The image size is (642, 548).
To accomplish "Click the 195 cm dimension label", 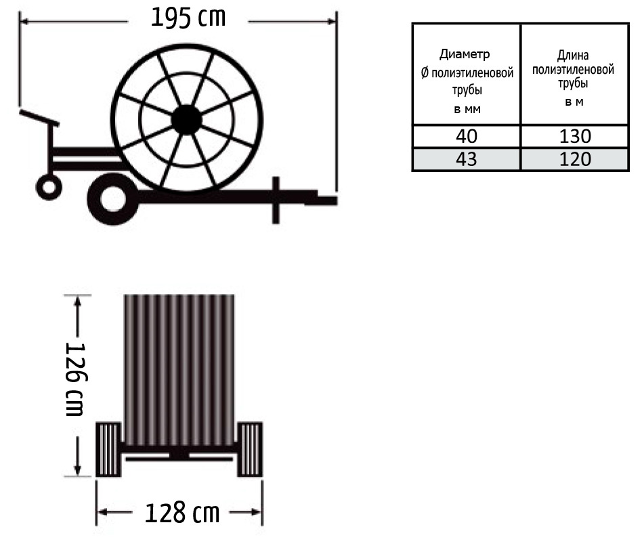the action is coord(188,18).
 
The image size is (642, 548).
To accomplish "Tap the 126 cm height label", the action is coord(75,379).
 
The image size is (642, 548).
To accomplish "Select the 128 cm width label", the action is coord(182,512).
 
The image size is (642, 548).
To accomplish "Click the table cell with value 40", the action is coord(467,136).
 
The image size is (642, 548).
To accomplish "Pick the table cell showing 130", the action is coord(575,136).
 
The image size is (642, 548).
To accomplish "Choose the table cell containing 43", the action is coord(467,159).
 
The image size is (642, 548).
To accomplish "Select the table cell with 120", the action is coord(575,159).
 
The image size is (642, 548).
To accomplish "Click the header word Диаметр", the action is coord(465,54).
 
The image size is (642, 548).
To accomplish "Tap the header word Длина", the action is coord(573,55).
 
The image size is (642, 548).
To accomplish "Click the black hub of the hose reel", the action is coord(186,120).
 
